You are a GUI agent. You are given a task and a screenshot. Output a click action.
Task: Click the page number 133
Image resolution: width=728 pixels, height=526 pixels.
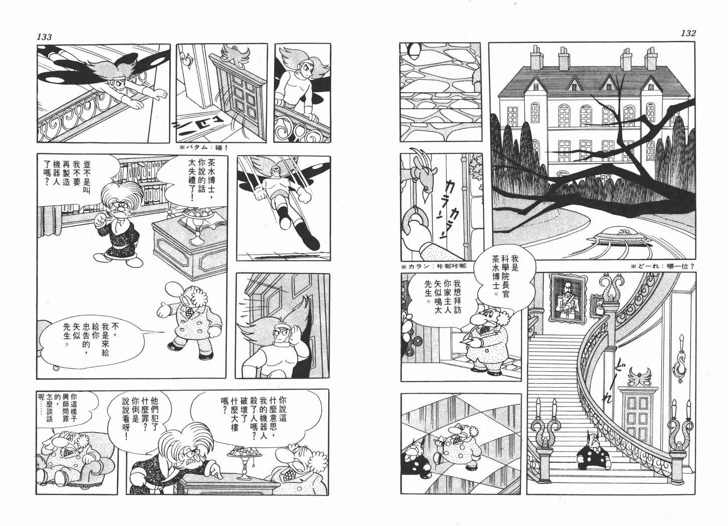(44, 37)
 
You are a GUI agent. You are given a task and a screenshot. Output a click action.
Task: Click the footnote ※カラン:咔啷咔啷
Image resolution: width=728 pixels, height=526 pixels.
(433, 266)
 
